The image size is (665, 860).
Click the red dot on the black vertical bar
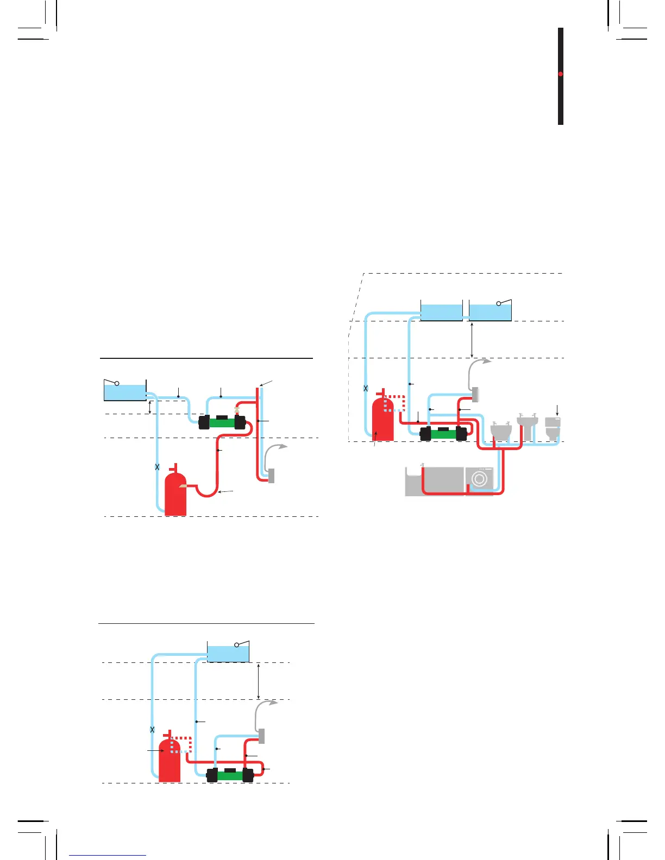coord(560,74)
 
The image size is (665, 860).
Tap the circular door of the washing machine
coord(479,479)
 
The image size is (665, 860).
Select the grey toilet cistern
coord(553,422)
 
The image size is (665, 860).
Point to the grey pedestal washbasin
coord(526,426)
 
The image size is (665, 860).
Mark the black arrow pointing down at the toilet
coord(557,410)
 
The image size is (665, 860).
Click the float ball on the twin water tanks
coord(499,303)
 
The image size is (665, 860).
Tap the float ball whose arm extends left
coord(116,383)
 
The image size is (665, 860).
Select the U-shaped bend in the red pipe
coord(206,492)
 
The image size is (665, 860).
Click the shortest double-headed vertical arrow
coord(150,406)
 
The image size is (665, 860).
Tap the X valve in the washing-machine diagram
coord(366,388)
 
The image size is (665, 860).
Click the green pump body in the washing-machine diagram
coord(443,434)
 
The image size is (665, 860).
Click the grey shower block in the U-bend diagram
coord(271,476)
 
